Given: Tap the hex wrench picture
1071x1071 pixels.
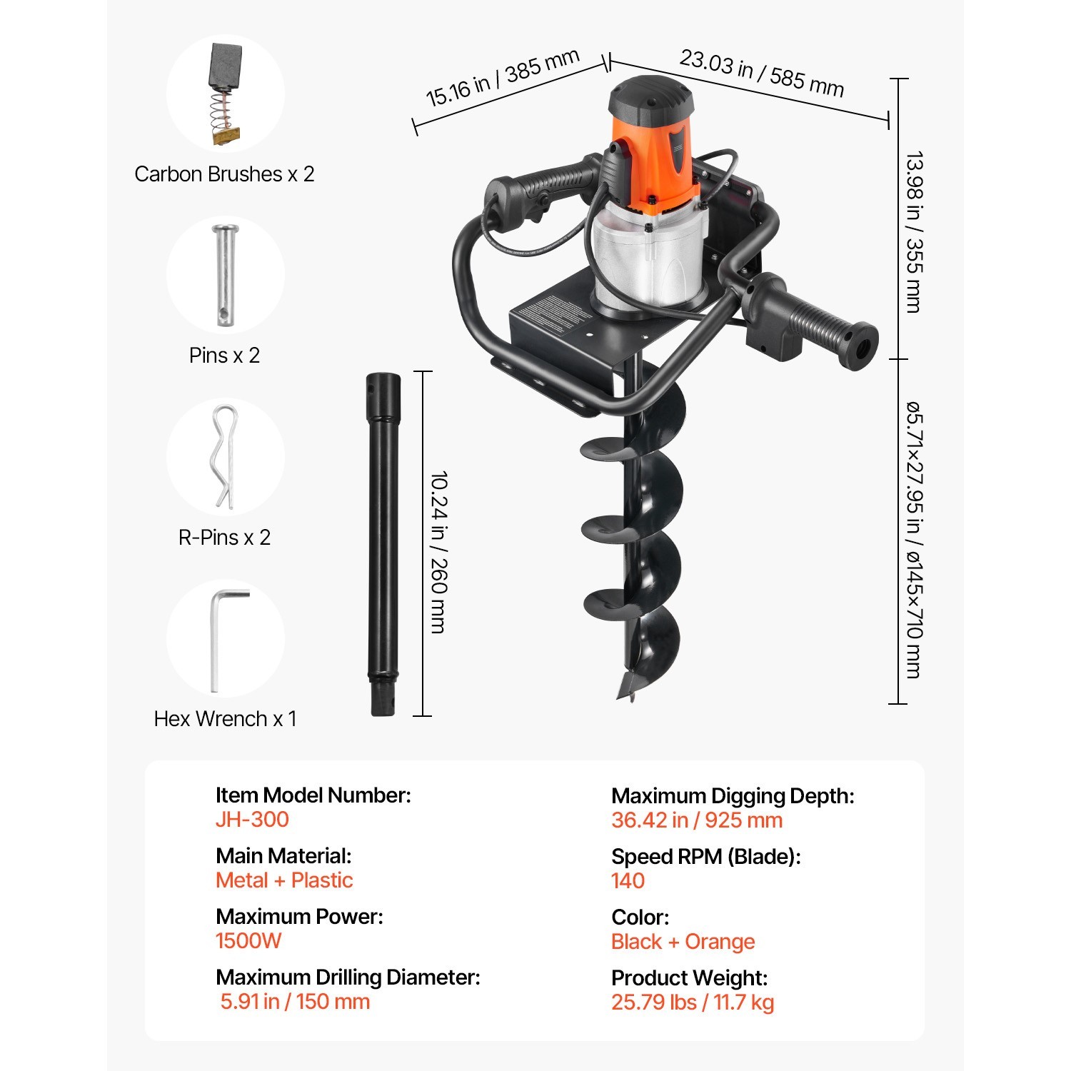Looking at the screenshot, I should [x=225, y=639].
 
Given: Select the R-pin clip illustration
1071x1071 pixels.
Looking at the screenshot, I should [x=225, y=457].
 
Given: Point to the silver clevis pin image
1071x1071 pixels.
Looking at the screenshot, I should [x=225, y=276].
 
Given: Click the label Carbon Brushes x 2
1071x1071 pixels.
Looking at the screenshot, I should [x=224, y=174].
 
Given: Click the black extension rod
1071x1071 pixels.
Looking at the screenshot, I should [x=383, y=543].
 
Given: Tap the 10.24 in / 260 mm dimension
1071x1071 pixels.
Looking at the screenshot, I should [x=439, y=551].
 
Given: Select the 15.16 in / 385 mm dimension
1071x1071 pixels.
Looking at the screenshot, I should [x=502, y=78].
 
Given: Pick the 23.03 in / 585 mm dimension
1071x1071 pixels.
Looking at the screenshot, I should [x=761, y=73].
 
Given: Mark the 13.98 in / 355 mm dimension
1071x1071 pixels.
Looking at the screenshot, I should [x=914, y=232].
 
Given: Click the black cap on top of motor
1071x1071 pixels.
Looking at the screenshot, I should [x=650, y=96].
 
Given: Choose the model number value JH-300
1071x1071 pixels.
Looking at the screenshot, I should [x=252, y=819].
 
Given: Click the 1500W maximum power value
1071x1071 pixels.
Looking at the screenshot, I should [x=248, y=940].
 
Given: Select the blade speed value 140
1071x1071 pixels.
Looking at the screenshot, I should [x=628, y=880].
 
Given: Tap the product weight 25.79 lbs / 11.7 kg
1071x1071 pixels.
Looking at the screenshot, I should [x=692, y=1002].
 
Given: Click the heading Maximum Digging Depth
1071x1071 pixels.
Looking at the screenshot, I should [x=733, y=795].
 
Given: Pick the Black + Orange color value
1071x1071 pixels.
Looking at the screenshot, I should [x=683, y=941].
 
